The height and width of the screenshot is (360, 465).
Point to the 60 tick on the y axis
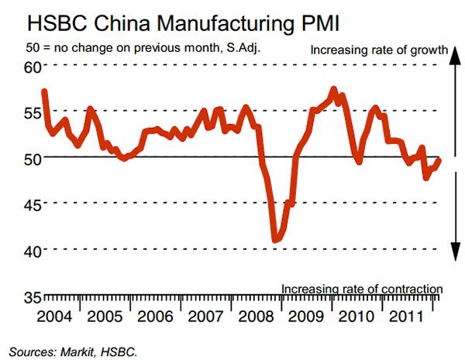[x=30, y=67]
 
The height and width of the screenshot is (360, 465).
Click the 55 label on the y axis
[x=30, y=112]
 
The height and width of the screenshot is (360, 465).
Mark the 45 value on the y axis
[x=30, y=204]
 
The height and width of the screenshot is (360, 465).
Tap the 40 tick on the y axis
[x=30, y=251]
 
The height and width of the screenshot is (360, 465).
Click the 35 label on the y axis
[x=30, y=297]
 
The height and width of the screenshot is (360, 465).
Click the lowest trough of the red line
[x=275, y=241]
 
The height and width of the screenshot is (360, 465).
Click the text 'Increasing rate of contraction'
[x=361, y=290]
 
